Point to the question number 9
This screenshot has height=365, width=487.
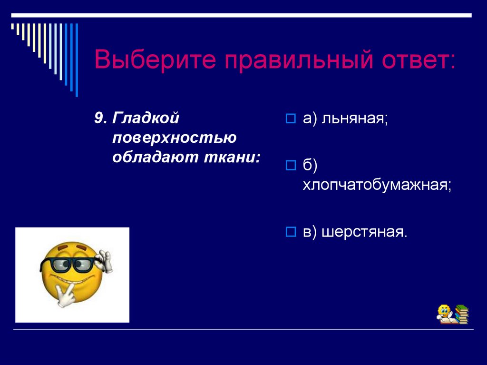[x=99, y=118]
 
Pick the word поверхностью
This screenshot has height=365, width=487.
[x=175, y=138]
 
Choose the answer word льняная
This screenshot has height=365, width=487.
[x=355, y=118]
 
